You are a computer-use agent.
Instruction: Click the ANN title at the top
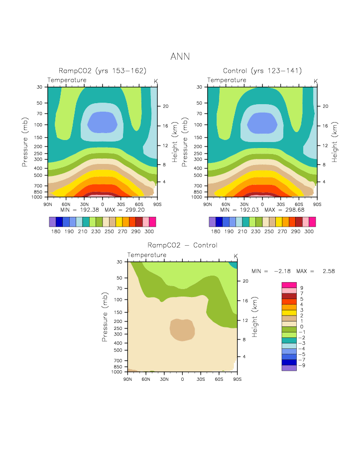click(x=180, y=56)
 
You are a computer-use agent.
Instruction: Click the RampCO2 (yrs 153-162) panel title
click(x=102, y=71)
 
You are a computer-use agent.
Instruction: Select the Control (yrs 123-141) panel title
click(x=262, y=71)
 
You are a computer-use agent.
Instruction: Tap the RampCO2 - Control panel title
click(x=182, y=245)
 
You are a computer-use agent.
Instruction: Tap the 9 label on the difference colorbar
click(x=301, y=288)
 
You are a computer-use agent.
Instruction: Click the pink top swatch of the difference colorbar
click(x=289, y=285)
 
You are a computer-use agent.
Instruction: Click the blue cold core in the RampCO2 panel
click(x=103, y=122)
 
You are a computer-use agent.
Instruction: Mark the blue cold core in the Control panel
click(x=262, y=122)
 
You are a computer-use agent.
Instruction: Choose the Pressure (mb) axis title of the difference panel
click(x=105, y=316)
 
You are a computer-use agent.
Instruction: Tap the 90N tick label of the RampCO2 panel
click(x=48, y=204)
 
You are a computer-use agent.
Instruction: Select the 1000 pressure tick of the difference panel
click(x=118, y=372)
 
